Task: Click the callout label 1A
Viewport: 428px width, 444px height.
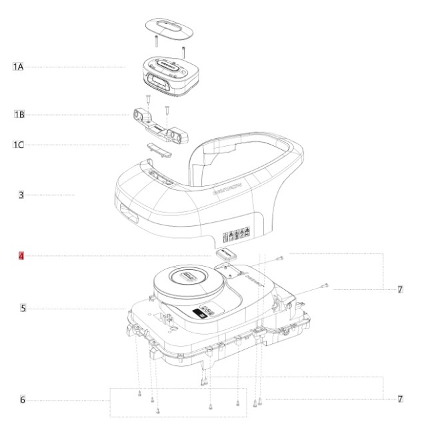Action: (18, 67)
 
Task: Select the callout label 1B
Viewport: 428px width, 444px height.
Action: (19, 115)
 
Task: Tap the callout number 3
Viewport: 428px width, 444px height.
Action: (21, 195)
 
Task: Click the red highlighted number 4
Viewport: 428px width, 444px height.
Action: (21, 255)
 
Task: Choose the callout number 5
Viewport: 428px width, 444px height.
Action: (23, 309)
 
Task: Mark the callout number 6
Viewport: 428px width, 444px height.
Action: (23, 399)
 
